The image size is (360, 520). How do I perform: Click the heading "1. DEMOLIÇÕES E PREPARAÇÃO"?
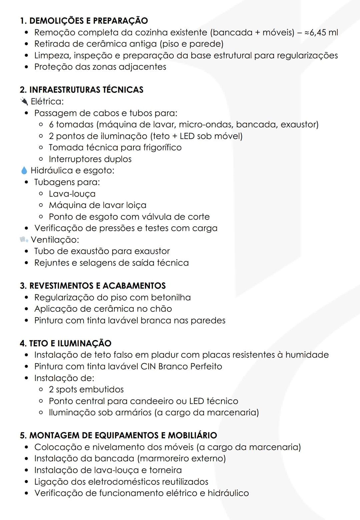84,21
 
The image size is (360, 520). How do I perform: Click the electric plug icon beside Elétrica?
24,101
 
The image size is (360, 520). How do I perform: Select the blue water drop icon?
24,171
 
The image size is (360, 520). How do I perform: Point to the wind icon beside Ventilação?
24,239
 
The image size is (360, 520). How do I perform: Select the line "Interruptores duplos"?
90,159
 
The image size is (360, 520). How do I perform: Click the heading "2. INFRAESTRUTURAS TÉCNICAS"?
82,90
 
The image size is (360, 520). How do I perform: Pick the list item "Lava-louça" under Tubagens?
72,194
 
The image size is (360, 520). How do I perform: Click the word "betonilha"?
171,297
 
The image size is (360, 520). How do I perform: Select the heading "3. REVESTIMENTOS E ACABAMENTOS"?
93,286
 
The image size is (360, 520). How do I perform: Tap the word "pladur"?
165,355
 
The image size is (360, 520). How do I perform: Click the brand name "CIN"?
148,366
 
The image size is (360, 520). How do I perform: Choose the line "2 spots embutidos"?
86,389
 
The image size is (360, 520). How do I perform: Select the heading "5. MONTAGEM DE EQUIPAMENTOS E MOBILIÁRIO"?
118,435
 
